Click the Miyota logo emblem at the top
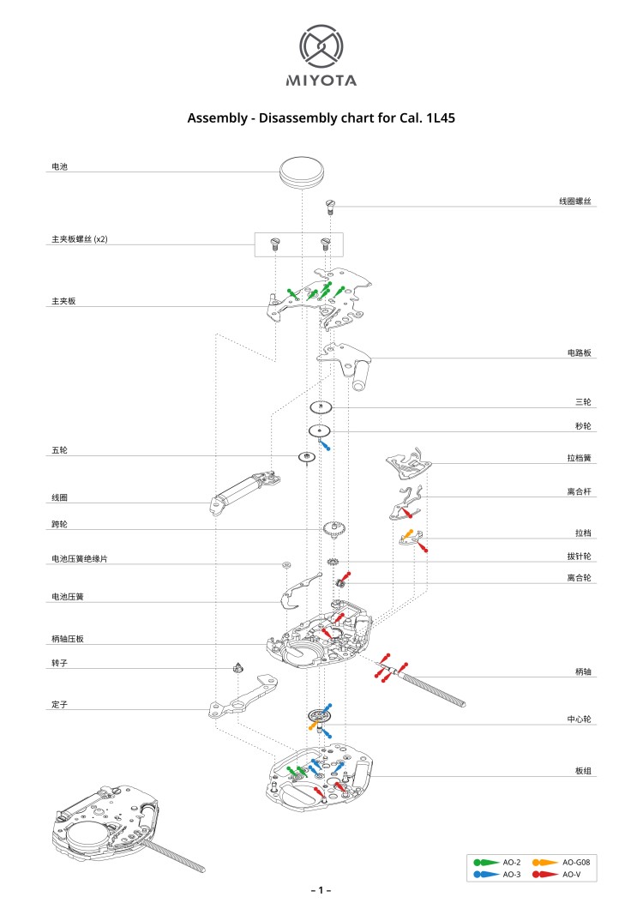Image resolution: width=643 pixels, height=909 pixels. (321, 46)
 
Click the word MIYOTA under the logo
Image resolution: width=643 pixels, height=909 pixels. (321, 81)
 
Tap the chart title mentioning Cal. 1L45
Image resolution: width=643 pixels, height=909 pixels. (321, 118)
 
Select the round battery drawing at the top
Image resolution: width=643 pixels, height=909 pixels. (302, 170)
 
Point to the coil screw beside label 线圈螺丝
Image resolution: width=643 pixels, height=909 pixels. (330, 206)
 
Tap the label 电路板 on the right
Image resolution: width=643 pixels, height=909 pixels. (580, 352)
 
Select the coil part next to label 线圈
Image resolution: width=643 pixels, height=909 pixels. (244, 493)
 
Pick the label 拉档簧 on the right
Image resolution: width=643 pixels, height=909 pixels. (580, 459)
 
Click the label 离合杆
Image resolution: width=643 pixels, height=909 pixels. (580, 492)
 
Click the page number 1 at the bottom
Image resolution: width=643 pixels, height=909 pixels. (321, 891)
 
